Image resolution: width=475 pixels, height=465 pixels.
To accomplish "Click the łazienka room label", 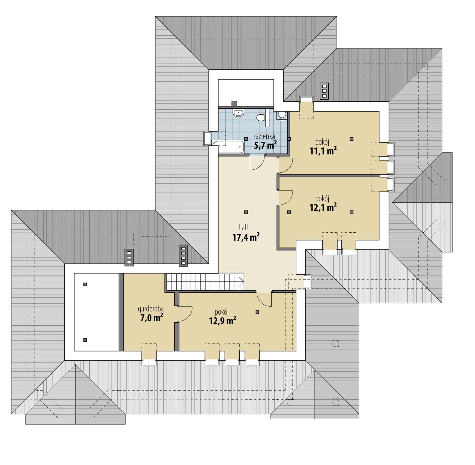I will tap(264, 136).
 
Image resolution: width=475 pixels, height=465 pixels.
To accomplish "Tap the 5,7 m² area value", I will tap(265, 145).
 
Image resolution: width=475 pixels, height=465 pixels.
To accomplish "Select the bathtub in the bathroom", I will tap(228, 147).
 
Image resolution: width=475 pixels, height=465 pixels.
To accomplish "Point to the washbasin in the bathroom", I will tap(238, 113).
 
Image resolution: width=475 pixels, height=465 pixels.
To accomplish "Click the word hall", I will tap(243, 228).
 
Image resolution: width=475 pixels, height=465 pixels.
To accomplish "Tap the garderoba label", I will tap(151, 309).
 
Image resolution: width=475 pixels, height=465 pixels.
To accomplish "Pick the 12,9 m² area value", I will tap(223, 321).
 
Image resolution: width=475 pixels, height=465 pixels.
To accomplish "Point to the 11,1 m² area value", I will tap(323, 151).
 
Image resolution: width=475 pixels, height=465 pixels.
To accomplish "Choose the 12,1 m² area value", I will tap(323, 207).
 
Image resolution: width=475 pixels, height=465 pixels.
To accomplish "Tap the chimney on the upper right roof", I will tap(324, 91).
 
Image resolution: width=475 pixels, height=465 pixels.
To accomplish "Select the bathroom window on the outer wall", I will tap(207, 139).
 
